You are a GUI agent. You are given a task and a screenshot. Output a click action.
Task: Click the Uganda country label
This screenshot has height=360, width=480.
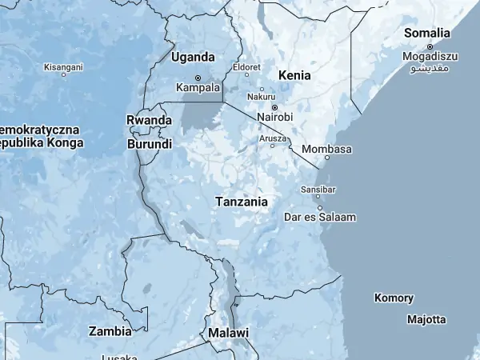click(193, 58)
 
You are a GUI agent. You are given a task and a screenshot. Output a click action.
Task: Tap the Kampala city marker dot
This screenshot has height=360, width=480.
click(198, 78)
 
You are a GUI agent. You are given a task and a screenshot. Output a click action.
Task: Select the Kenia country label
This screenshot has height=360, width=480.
click(294, 75)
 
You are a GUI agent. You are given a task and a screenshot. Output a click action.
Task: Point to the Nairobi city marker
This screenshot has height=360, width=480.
click(274, 107)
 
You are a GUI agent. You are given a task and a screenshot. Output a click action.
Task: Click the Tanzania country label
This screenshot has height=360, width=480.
click(241, 202)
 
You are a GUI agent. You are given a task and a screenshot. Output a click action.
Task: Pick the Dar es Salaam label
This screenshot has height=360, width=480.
click(320, 217)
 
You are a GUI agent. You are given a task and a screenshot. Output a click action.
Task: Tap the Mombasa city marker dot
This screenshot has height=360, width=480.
click(327, 158)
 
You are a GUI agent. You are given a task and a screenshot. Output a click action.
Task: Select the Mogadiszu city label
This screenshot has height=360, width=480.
click(430, 57)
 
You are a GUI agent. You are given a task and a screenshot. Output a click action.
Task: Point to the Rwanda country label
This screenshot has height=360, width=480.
click(149, 120)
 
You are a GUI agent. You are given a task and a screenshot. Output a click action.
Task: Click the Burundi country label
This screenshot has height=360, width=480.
click(150, 145)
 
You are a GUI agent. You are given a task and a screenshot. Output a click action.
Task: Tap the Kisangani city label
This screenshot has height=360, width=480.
click(63, 67)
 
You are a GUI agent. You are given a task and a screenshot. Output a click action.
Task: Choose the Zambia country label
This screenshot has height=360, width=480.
click(110, 331)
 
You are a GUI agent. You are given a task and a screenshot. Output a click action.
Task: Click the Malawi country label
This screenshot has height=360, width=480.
click(228, 333)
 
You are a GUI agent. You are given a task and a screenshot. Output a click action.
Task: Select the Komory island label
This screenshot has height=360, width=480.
click(394, 298)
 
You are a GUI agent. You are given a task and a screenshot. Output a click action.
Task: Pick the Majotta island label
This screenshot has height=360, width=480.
click(426, 319)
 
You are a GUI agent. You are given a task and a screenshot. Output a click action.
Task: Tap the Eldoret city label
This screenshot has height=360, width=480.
click(246, 68)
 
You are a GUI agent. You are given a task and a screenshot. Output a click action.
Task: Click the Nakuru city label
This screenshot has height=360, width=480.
click(262, 97)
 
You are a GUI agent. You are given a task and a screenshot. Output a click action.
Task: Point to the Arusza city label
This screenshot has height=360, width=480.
click(273, 138)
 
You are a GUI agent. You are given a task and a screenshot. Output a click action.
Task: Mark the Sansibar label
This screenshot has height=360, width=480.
click(318, 190)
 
